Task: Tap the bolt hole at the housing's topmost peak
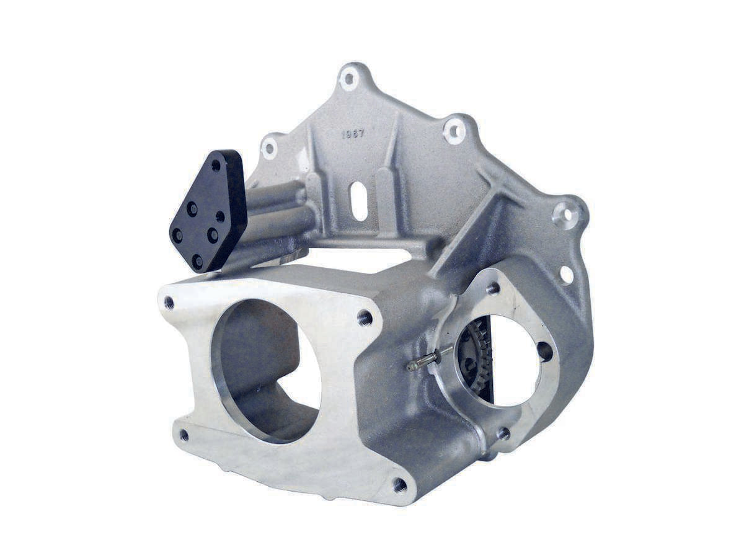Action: tap(350, 79)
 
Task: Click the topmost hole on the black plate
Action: tap(216, 166)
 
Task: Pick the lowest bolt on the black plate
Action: tap(197, 260)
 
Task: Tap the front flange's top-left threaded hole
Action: tap(169, 303)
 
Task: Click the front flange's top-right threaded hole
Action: tap(365, 318)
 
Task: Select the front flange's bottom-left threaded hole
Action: tap(184, 435)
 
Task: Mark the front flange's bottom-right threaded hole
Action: tap(400, 484)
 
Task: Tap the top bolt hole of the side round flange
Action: tap(494, 288)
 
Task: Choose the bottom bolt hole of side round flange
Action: tap(503, 433)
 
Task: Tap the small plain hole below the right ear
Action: tap(566, 275)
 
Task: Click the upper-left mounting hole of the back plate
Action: tap(268, 148)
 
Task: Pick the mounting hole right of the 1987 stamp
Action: tap(454, 131)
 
